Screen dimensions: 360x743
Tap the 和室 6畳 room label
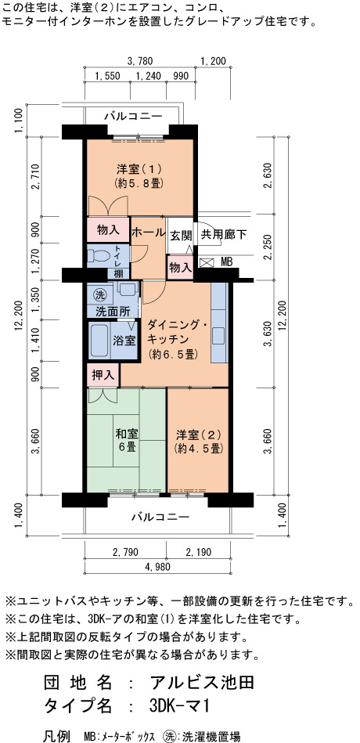click(x=127, y=440)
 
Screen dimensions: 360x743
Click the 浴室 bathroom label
click(x=124, y=341)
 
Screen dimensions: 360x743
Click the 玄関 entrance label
click(x=181, y=234)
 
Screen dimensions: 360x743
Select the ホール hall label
click(x=148, y=233)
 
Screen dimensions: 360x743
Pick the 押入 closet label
click(x=103, y=375)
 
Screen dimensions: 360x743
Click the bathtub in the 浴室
click(x=100, y=341)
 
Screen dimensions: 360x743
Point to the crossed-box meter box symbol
click(x=207, y=262)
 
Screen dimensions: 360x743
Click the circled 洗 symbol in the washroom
click(x=99, y=294)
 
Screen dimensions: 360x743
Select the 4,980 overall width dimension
click(x=157, y=567)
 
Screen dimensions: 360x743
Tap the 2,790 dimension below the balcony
click(x=125, y=552)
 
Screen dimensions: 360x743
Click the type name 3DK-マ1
click(x=179, y=705)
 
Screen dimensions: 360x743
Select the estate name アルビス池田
click(x=202, y=683)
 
